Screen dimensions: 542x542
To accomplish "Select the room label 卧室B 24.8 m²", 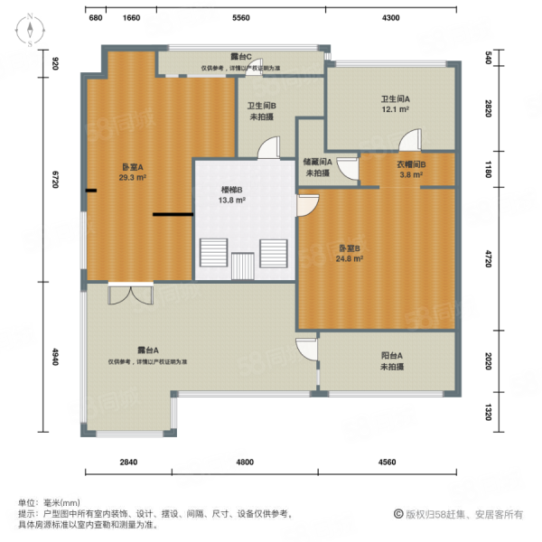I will tap(350, 253).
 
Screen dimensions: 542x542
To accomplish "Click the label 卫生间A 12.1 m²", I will tap(395, 104).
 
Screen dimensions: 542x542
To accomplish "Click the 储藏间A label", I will tap(318, 167).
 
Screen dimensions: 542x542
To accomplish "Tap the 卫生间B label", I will tap(262, 110).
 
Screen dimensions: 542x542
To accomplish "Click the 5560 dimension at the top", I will tap(240, 18).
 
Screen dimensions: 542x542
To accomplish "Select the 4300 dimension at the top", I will tap(390, 18).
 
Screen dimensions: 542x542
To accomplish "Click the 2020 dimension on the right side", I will tap(488, 361).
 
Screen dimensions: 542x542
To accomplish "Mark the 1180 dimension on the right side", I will tap(488, 169).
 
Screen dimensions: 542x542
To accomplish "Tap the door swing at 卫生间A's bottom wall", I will tap(411, 140).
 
